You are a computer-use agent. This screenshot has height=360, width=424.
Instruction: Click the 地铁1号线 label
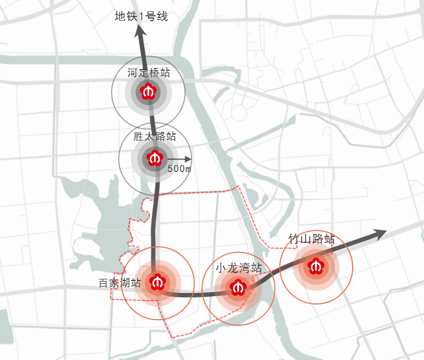click(141, 16)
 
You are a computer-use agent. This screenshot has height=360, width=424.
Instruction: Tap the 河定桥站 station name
click(149, 72)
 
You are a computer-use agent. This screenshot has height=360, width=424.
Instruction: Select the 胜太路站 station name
click(155, 137)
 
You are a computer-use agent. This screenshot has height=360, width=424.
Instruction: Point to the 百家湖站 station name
click(119, 283)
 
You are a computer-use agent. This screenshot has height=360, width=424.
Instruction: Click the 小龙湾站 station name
click(238, 268)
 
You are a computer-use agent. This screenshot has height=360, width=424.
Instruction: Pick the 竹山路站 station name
click(311, 239)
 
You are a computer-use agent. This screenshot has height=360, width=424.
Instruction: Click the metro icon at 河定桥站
click(148, 91)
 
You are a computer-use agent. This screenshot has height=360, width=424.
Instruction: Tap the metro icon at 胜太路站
click(155, 158)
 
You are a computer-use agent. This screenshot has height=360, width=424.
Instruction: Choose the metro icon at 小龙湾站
click(238, 287)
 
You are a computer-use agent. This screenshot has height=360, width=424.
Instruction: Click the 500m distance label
click(179, 169)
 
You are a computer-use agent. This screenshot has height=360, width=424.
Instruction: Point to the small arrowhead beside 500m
click(188, 160)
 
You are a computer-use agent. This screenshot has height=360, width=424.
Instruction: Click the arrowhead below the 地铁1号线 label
click(140, 30)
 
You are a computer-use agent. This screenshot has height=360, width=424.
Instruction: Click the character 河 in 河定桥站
click(133, 72)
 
